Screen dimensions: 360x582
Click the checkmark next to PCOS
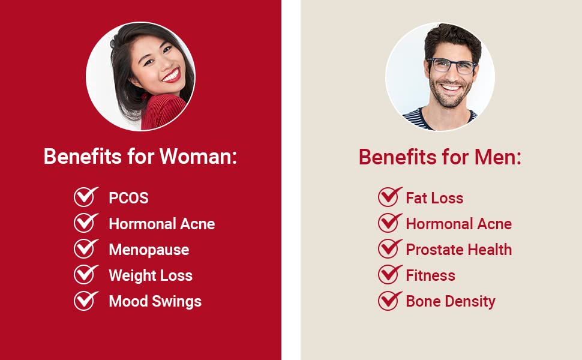point(85,197)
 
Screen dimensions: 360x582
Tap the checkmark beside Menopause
point(85,249)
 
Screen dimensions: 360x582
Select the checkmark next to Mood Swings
point(85,301)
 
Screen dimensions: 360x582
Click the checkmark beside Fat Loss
point(389,197)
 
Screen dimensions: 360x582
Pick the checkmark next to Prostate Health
point(389,249)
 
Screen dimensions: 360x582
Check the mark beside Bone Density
point(389,301)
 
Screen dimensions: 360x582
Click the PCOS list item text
point(128,198)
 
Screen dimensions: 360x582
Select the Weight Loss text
point(151,275)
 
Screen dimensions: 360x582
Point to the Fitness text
point(430,275)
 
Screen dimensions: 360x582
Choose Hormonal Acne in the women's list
point(161,224)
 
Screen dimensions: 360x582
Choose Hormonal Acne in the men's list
point(458,224)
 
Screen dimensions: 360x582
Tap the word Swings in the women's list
point(178,301)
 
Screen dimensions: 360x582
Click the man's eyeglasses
point(451,65)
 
